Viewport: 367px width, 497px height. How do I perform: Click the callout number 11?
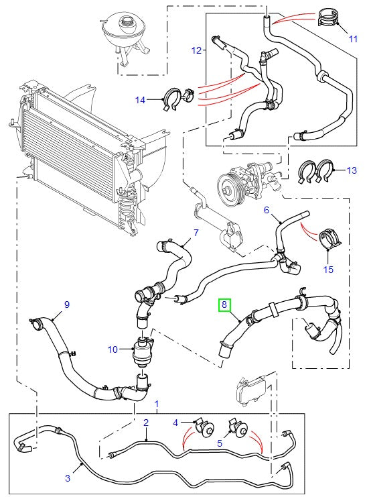(x=353, y=39)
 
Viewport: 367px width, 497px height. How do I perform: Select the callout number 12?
(x=196, y=50)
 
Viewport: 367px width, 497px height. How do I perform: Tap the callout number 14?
(x=140, y=100)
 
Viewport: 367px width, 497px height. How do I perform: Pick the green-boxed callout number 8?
(x=224, y=306)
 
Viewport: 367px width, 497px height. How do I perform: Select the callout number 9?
(x=66, y=305)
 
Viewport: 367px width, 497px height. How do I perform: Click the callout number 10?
(x=113, y=349)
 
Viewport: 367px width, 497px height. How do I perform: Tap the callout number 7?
(x=196, y=233)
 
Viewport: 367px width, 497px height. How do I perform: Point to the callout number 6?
(x=266, y=210)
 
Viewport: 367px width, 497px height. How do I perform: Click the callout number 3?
(x=67, y=478)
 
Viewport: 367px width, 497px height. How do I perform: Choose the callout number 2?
(x=145, y=423)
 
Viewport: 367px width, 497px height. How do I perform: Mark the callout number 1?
(x=157, y=404)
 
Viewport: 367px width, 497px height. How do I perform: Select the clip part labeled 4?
(x=203, y=428)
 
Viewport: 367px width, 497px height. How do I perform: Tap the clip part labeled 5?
(x=239, y=428)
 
